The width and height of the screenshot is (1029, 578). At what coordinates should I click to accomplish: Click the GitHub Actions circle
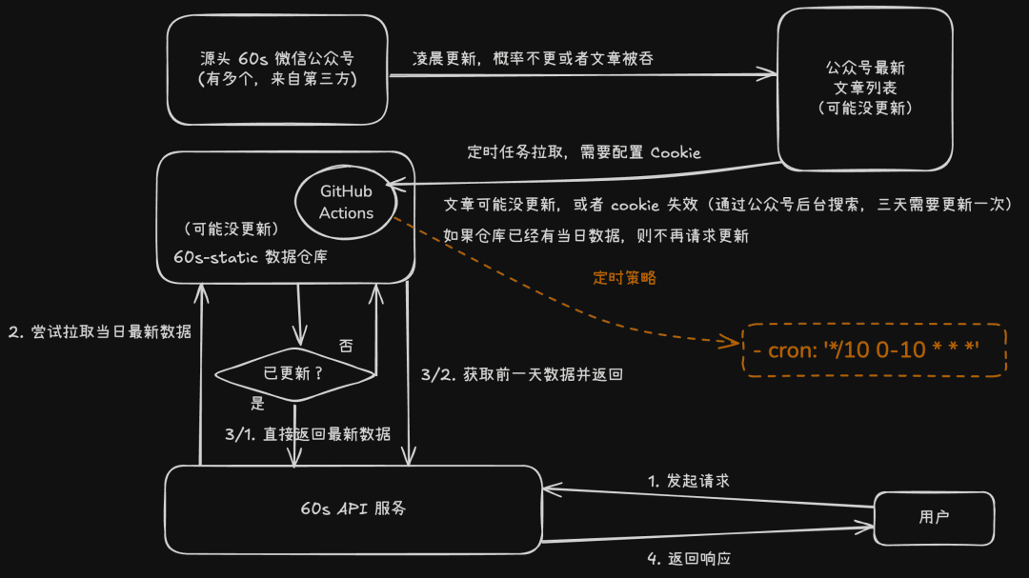click(x=346, y=203)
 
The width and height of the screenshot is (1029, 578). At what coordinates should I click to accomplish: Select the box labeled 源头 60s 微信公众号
click(x=276, y=70)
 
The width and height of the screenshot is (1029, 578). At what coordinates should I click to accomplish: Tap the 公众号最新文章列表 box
click(x=865, y=89)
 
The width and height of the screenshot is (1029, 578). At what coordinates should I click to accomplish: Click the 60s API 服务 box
click(x=353, y=508)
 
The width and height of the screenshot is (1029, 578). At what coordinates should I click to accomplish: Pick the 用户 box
click(x=934, y=517)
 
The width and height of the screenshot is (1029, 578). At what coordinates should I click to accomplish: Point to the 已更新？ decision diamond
click(x=294, y=373)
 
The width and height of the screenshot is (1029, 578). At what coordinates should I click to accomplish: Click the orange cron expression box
click(x=874, y=349)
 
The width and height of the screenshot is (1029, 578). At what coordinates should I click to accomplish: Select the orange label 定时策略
click(x=624, y=278)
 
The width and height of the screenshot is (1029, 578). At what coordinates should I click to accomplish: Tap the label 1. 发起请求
click(x=689, y=481)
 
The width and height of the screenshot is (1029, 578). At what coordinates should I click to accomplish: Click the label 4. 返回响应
click(x=689, y=558)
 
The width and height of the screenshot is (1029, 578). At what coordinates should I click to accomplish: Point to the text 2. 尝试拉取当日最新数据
click(x=99, y=331)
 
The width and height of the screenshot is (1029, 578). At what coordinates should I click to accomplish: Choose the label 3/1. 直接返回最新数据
click(x=307, y=434)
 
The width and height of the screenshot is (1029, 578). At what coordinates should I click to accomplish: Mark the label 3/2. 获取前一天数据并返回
click(x=521, y=374)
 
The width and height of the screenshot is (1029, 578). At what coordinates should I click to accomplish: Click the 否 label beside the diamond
click(x=346, y=345)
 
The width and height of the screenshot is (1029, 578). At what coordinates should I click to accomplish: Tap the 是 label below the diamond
click(x=257, y=403)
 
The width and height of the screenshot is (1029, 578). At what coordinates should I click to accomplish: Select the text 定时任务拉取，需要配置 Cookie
click(x=583, y=152)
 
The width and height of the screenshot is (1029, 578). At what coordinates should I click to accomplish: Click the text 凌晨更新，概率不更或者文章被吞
click(x=533, y=58)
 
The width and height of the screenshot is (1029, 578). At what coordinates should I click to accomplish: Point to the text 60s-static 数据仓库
click(x=250, y=257)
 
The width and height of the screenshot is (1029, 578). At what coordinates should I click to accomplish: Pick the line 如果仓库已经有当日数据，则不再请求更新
click(x=595, y=235)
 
